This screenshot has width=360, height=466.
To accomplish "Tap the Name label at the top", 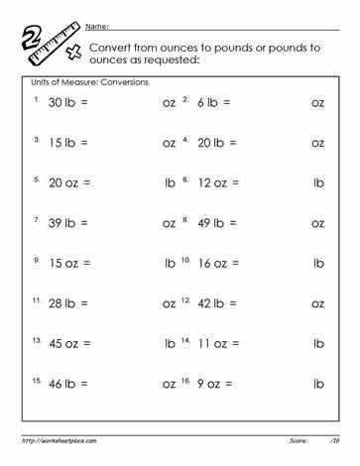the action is tap(97, 25).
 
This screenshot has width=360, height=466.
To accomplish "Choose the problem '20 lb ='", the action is tap(218, 143).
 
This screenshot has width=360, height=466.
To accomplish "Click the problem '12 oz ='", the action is tap(218, 183).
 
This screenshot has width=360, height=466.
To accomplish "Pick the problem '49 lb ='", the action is tap(218, 224).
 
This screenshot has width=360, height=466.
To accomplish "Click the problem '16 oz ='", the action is tap(218, 264).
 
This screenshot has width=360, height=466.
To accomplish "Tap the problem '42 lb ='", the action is tap(218, 304).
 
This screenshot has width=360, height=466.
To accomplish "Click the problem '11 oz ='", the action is tap(218, 344).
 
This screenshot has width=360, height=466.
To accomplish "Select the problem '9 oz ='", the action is tap(215, 385).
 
